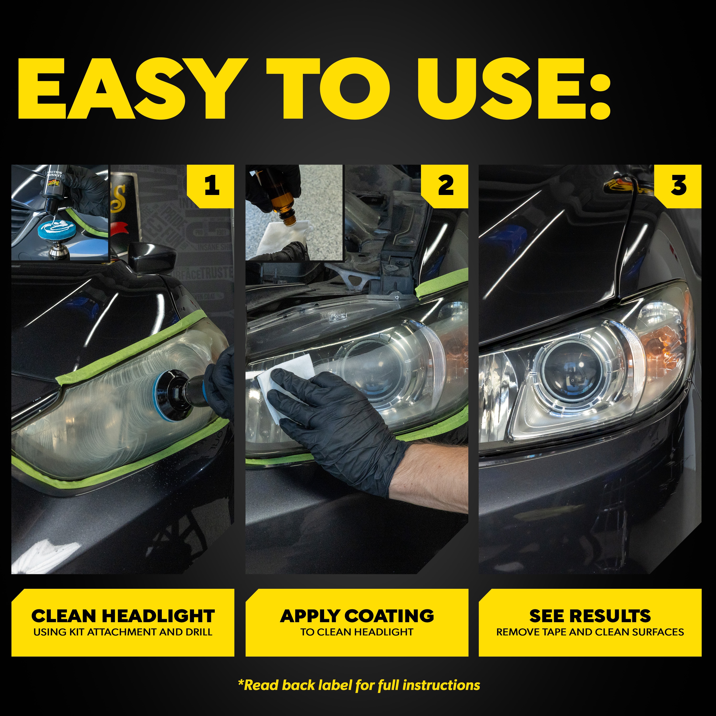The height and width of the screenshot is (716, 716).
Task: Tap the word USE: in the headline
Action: click(513, 89)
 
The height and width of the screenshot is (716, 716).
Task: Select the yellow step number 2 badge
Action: click(446, 185)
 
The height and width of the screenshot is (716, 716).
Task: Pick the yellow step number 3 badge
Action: click(679, 185)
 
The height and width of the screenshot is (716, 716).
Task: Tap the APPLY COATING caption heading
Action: click(357, 616)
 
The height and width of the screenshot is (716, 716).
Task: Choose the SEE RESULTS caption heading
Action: click(590, 616)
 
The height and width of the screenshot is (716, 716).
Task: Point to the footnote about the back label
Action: click(359, 685)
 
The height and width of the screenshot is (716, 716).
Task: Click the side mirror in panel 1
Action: click(152, 256)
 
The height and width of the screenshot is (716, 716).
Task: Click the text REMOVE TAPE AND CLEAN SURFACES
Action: click(590, 632)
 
